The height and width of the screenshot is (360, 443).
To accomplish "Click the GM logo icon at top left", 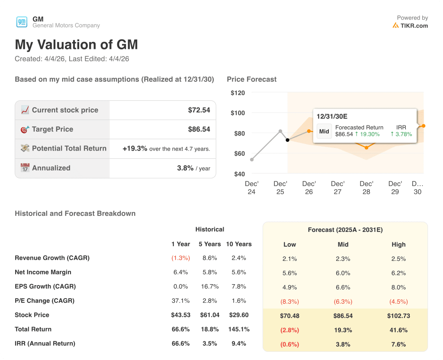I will [22, 22].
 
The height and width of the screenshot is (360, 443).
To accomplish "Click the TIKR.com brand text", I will [414, 26].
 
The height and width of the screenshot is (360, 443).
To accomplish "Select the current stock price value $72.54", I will [199, 110].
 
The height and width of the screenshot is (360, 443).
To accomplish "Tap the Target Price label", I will [52, 129].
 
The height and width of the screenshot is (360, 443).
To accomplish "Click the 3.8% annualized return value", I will [185, 168].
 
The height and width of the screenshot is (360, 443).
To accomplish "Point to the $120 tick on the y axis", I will [238, 93].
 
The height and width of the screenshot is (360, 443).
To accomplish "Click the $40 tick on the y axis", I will [239, 174].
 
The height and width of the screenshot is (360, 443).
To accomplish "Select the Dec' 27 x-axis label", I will [337, 187].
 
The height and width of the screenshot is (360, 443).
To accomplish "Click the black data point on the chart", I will [288, 140].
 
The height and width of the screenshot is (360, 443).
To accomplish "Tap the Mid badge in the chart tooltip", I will [324, 131].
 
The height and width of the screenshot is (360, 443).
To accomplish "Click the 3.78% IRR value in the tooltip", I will [401, 134].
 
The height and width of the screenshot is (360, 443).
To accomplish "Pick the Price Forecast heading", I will [251, 79].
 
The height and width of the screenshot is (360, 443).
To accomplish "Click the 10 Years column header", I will [239, 244].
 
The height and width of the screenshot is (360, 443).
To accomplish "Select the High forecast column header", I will [398, 244].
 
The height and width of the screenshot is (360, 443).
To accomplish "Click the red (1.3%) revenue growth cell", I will [180, 258].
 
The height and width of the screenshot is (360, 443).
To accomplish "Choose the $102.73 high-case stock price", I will [398, 316].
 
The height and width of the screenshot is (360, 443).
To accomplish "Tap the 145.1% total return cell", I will [239, 329].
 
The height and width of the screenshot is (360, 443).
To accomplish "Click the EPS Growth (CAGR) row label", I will [45, 286].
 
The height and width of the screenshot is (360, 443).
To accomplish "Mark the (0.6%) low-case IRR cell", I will [289, 344].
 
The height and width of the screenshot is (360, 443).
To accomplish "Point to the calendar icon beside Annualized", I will [25, 168].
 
